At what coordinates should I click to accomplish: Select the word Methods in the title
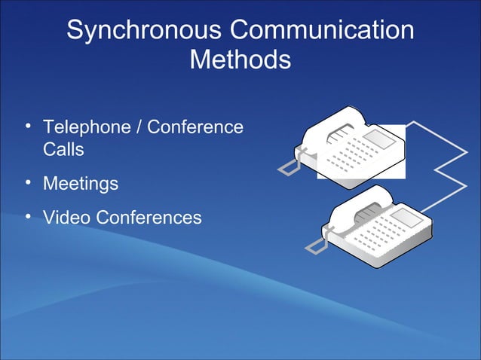pyautogui.click(x=240, y=59)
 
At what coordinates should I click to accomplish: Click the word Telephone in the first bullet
pyautogui.click(x=86, y=127)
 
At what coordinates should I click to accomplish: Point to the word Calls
pyautogui.click(x=63, y=149)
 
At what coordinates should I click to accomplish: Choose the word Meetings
pyautogui.click(x=81, y=183)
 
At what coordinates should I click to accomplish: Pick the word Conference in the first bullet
pyautogui.click(x=195, y=127)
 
